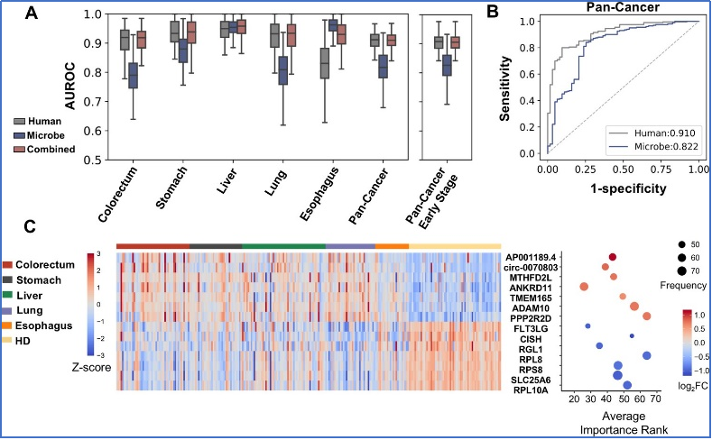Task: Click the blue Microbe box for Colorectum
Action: tap(133, 76)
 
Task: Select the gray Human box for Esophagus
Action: tap(324, 63)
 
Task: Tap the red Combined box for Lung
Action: tap(292, 35)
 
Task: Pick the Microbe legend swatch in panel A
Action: tap(20, 135)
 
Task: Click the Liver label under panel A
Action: tap(227, 181)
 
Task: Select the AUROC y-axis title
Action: tap(69, 87)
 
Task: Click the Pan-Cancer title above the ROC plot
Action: tap(623, 7)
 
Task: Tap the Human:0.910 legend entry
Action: tap(652, 133)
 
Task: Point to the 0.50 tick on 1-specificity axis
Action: tap(623, 170)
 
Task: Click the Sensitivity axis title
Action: tap(505, 88)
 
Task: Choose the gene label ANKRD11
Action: tap(531, 288)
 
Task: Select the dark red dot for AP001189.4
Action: tap(613, 257)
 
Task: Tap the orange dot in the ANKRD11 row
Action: tap(584, 287)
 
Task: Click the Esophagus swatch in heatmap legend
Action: tap(7, 325)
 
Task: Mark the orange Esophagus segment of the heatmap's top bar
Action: tap(392, 246)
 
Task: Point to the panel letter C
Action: tap(30, 226)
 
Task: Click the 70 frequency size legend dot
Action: tap(681, 271)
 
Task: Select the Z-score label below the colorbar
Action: tap(91, 368)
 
